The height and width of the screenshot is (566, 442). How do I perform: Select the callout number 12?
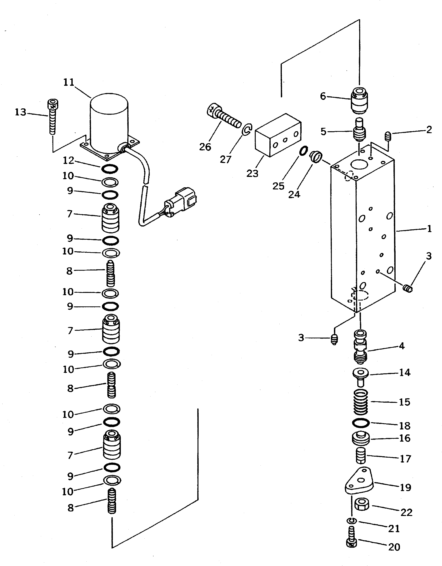click(x=69, y=161)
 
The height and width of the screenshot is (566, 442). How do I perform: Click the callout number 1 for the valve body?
click(x=429, y=229)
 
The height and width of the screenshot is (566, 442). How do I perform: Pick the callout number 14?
click(x=405, y=373)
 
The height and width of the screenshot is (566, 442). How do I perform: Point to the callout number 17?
click(x=405, y=459)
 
